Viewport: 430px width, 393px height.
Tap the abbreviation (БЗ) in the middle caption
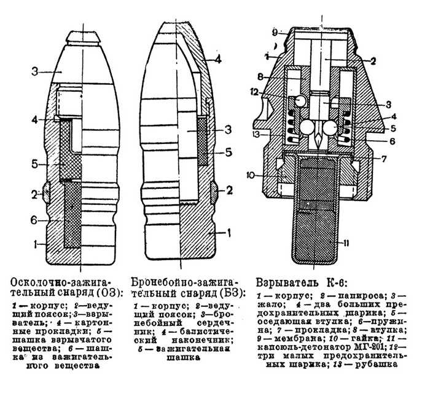click(233, 291)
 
